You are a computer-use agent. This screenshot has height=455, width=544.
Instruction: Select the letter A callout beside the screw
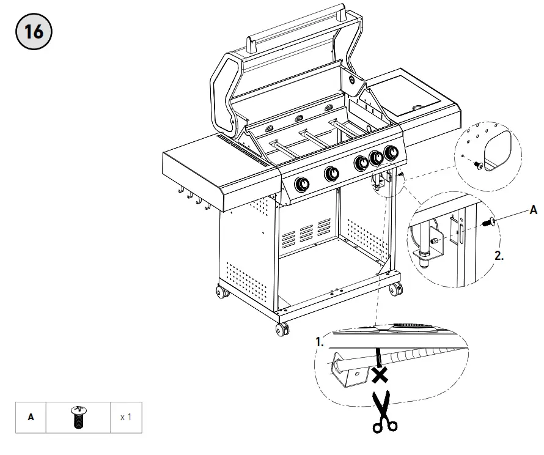533,210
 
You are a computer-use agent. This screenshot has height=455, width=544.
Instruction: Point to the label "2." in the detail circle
499,256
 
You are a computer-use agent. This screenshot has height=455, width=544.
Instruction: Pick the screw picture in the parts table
77,418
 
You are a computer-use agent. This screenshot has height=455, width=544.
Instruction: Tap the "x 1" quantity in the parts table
126,418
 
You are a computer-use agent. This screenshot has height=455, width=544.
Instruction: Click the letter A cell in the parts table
31,418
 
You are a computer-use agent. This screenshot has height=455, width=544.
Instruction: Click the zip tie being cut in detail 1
378,355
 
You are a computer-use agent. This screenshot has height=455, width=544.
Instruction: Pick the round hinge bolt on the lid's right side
353,79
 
